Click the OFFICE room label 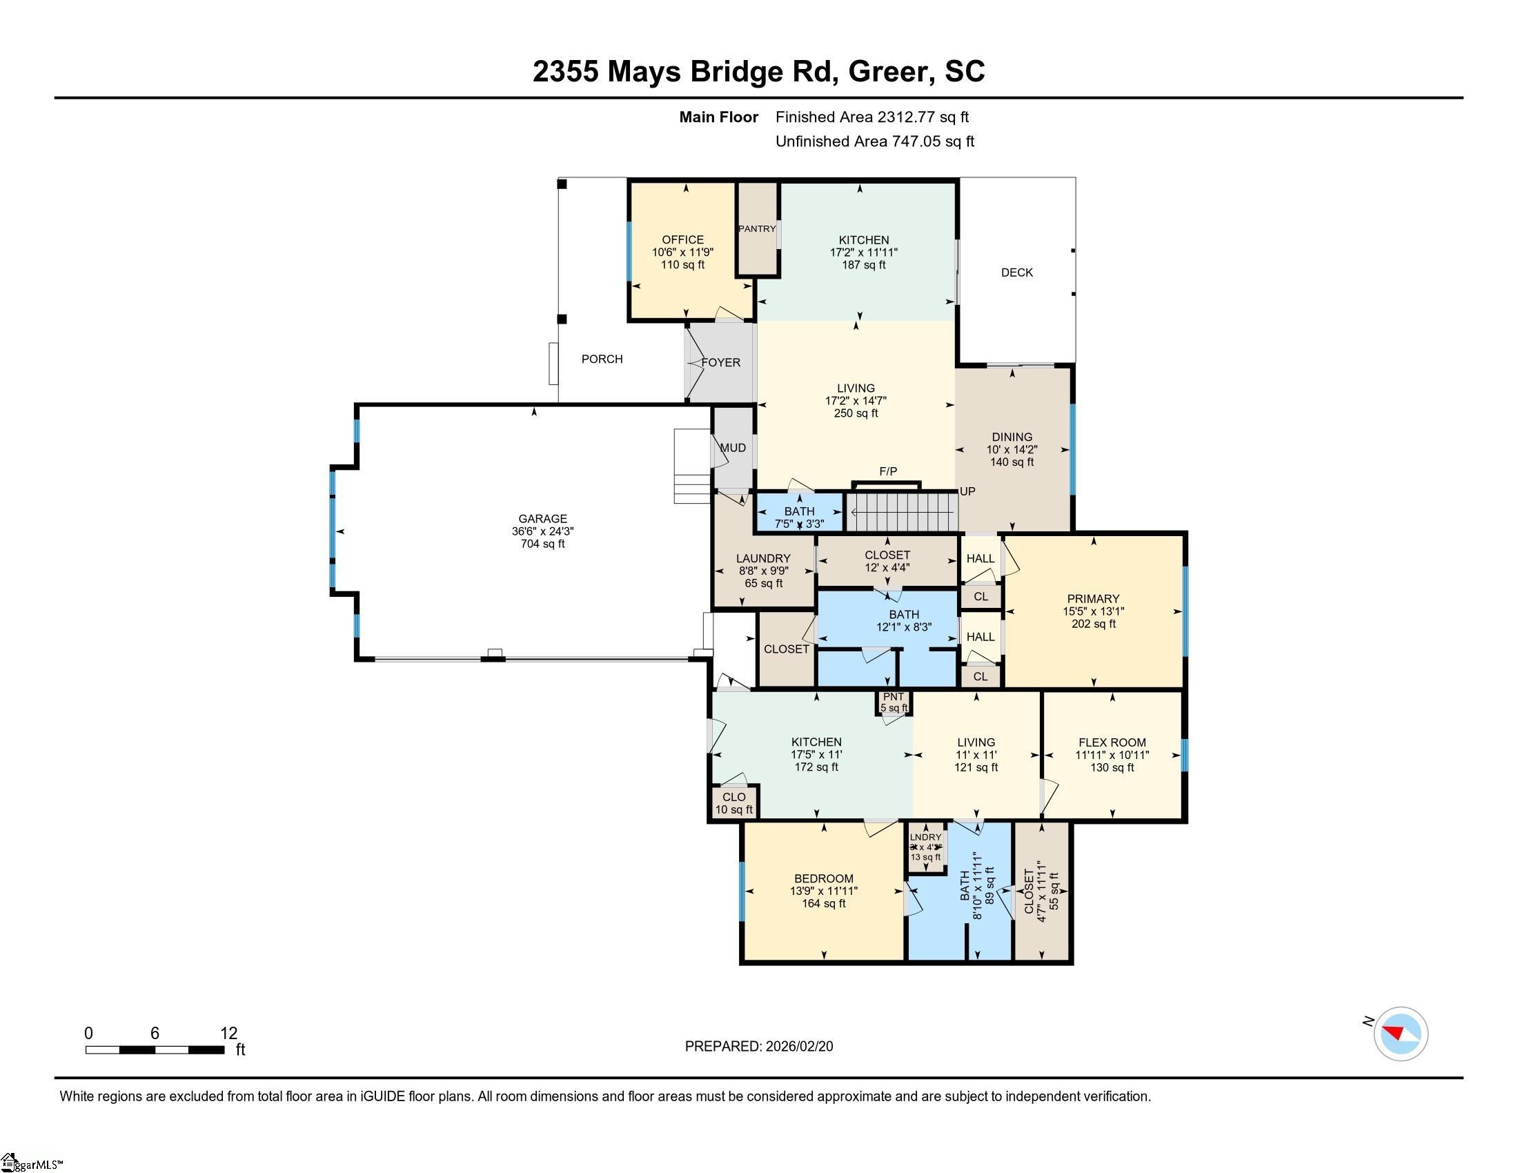[682, 239]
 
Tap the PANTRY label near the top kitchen [756, 228]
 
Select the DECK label [1016, 273]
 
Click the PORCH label [602, 359]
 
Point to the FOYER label [721, 363]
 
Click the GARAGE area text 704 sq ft [542, 544]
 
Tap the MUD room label [733, 448]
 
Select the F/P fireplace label [887, 472]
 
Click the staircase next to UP [902, 512]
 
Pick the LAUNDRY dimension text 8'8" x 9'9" [763, 571]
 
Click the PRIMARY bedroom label [1093, 599]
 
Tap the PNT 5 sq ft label [893, 702]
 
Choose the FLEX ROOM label [1112, 742]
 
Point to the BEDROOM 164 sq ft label [824, 891]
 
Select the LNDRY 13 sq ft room [925, 847]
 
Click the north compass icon [1400, 1034]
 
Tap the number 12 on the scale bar [228, 1034]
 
